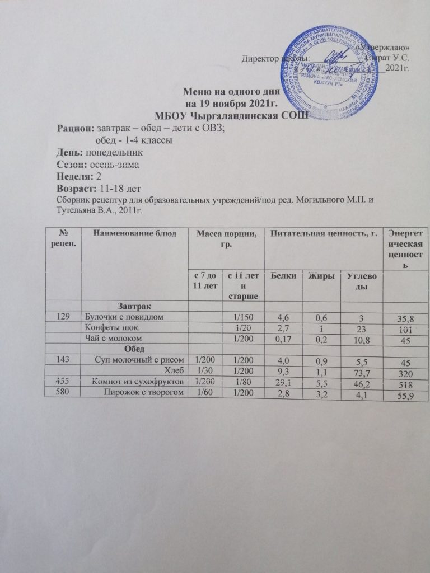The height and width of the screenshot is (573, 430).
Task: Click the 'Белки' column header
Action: click(x=282, y=276)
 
